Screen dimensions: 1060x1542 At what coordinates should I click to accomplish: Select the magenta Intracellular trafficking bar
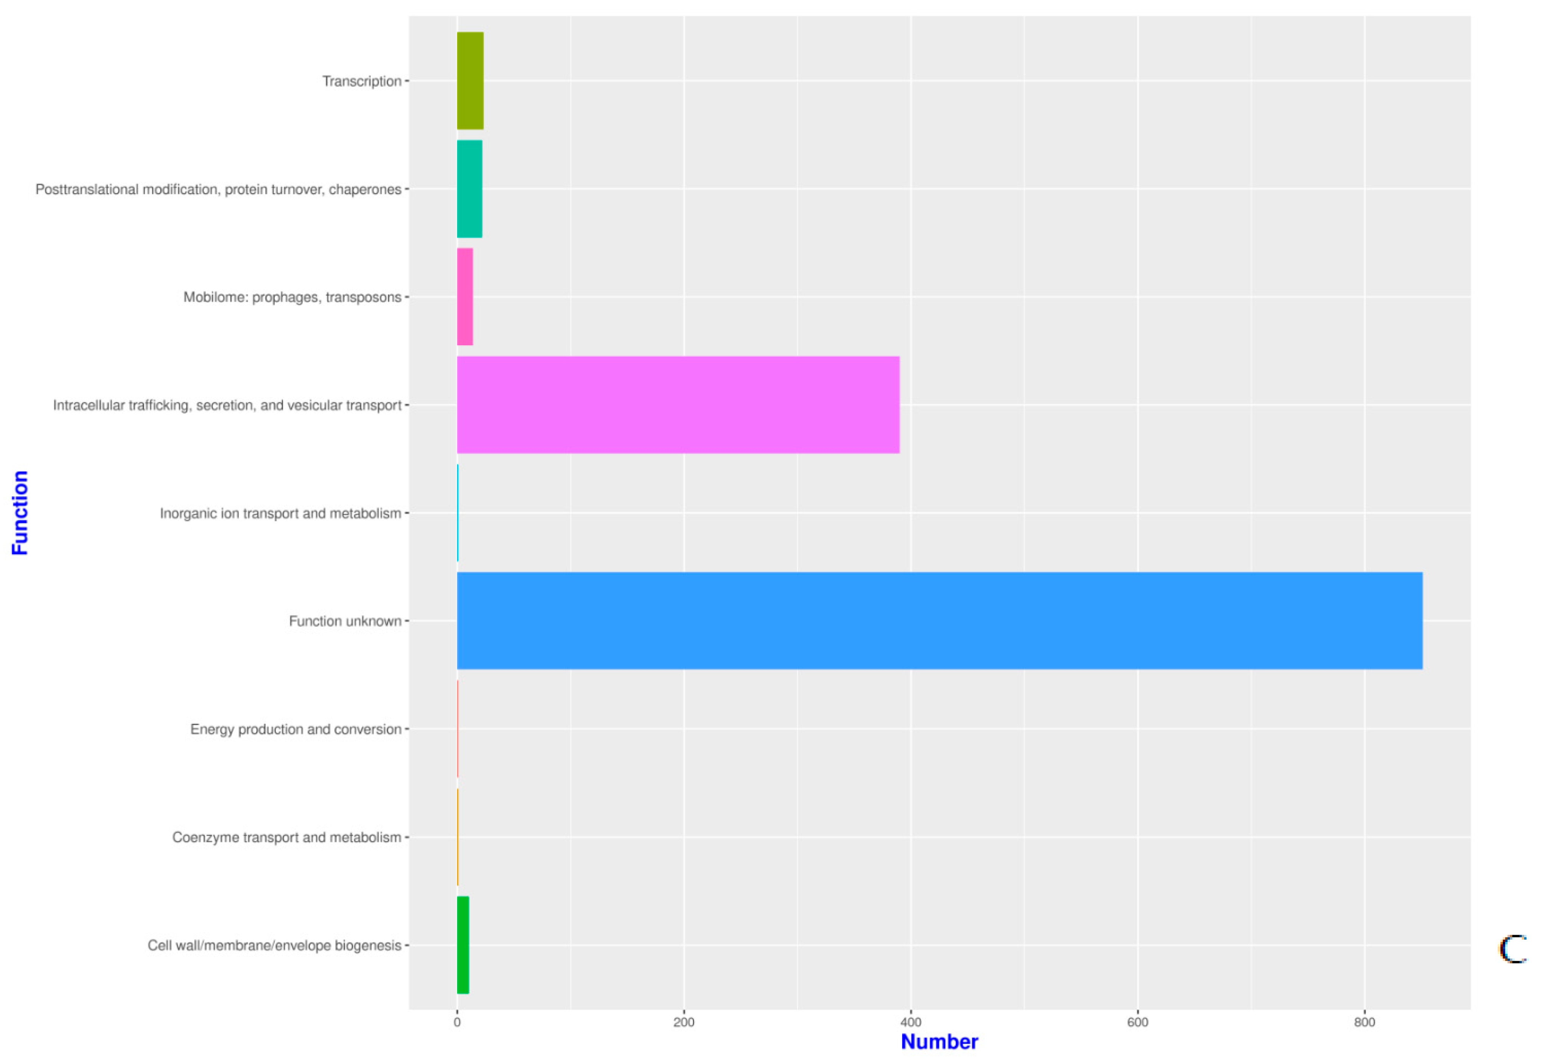(678, 404)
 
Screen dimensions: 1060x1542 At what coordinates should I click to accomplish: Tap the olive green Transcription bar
(470, 80)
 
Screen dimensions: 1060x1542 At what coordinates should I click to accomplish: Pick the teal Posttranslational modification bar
(469, 189)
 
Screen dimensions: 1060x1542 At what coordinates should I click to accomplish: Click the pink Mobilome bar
(465, 296)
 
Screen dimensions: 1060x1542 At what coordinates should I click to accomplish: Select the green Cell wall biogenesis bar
(463, 945)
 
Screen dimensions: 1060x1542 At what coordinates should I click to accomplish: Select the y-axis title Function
(20, 512)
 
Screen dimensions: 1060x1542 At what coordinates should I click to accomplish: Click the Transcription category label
(362, 81)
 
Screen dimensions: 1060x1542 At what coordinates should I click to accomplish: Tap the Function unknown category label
(345, 621)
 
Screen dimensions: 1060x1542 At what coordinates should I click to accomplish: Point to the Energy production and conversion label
(296, 729)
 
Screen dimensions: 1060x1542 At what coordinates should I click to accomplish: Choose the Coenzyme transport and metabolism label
(287, 837)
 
